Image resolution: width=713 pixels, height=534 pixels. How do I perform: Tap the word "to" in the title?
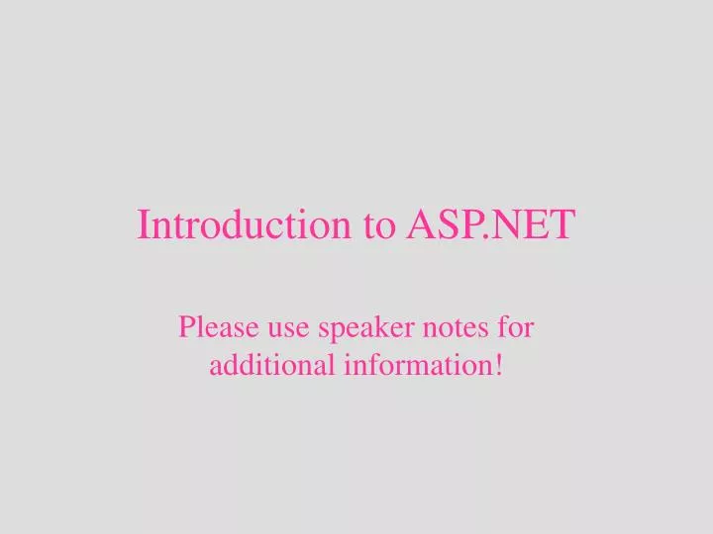click(x=379, y=226)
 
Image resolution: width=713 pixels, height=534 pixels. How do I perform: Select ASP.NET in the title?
click(x=490, y=225)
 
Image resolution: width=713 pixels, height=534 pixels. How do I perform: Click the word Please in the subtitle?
click(x=212, y=326)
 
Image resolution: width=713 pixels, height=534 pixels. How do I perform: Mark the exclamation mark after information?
click(x=497, y=365)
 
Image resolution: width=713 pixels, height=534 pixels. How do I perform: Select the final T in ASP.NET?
click(x=560, y=224)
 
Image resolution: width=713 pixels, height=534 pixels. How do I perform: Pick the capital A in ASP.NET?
click(x=422, y=224)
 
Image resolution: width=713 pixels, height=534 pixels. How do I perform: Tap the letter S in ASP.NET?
click(x=447, y=224)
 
